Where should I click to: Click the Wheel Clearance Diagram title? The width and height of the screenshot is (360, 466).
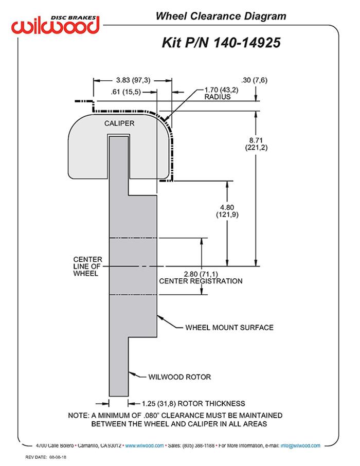coord(221,16)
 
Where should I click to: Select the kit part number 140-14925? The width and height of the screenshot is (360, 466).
coord(221,43)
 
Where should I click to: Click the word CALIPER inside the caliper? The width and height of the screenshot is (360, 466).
coord(119,123)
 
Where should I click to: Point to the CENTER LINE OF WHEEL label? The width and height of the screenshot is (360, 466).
coord(87,266)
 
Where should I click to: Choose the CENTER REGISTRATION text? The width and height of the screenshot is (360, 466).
coord(201,281)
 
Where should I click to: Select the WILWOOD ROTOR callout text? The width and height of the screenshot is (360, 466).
coord(179,377)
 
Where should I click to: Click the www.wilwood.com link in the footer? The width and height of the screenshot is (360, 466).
coord(145,445)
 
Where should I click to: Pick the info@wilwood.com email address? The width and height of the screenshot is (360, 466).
coord(300,445)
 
